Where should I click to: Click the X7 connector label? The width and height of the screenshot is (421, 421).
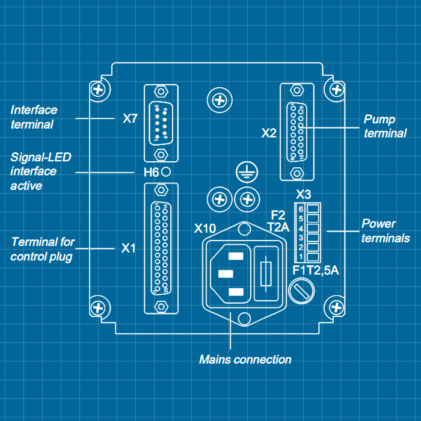click(x=131, y=118)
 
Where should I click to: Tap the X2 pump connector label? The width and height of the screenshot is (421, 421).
click(x=269, y=133)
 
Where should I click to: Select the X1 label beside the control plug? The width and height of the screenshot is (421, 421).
click(x=129, y=248)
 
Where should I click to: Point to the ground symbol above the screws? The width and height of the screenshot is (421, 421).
click(x=244, y=173)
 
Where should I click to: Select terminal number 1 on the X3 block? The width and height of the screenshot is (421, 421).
click(x=312, y=257)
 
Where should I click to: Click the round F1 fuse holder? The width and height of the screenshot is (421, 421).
click(x=301, y=293)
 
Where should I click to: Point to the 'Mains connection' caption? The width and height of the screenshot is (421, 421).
click(x=245, y=360)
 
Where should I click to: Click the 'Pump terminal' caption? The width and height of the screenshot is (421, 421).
click(x=385, y=126)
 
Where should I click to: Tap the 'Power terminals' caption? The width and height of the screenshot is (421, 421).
click(x=386, y=231)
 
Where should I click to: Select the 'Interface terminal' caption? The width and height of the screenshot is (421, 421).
click(x=34, y=117)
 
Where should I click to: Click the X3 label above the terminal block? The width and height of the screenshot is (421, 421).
click(x=304, y=195)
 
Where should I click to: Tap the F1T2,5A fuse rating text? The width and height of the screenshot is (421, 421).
click(x=316, y=271)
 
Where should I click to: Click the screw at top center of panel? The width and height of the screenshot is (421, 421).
click(x=217, y=98)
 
